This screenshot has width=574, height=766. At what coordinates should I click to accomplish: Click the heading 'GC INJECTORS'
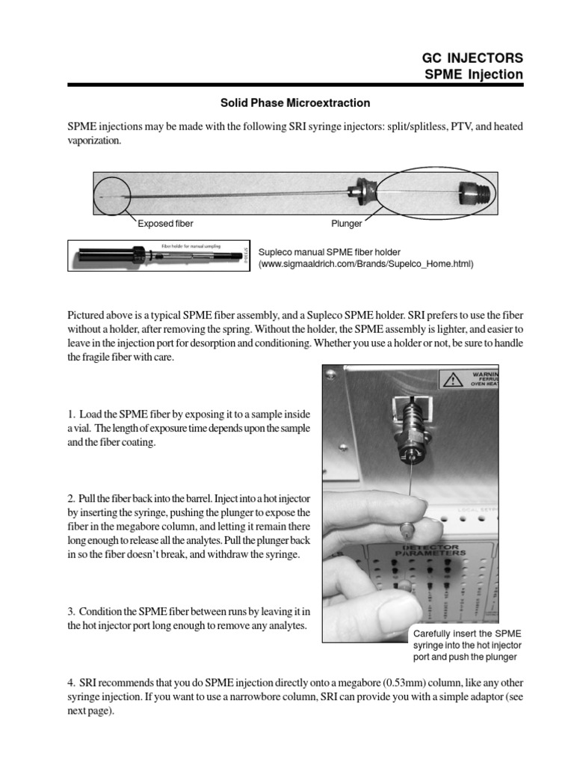pos(473,58)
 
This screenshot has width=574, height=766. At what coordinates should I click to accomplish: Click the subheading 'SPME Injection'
pos(474,74)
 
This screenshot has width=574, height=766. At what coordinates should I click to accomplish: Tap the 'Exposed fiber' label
pos(164,223)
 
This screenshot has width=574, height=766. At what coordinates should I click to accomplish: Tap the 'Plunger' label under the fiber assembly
pos(347,223)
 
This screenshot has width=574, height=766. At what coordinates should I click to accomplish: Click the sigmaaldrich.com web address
pos(366,265)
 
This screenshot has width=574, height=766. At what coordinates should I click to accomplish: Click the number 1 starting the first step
pos(70,414)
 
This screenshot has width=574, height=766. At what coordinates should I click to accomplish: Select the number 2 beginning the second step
pos(70,498)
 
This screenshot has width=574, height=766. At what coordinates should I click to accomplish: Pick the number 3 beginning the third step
pos(70,611)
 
